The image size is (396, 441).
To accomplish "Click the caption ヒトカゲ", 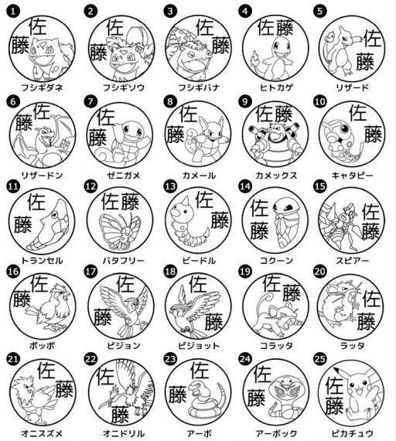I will point(274,87).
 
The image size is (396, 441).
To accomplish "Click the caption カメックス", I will point(274,175).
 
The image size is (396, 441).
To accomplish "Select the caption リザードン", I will point(43,175).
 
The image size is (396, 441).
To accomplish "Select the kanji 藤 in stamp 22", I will point(118,413).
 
